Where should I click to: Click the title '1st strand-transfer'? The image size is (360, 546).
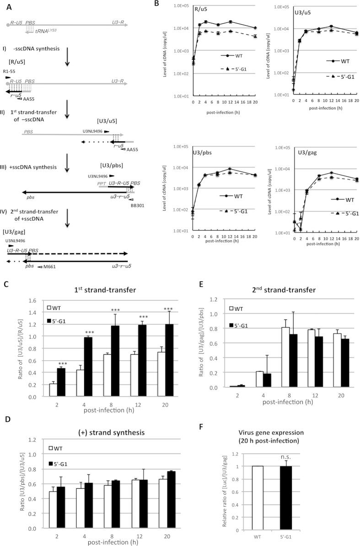[x=89, y=289]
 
